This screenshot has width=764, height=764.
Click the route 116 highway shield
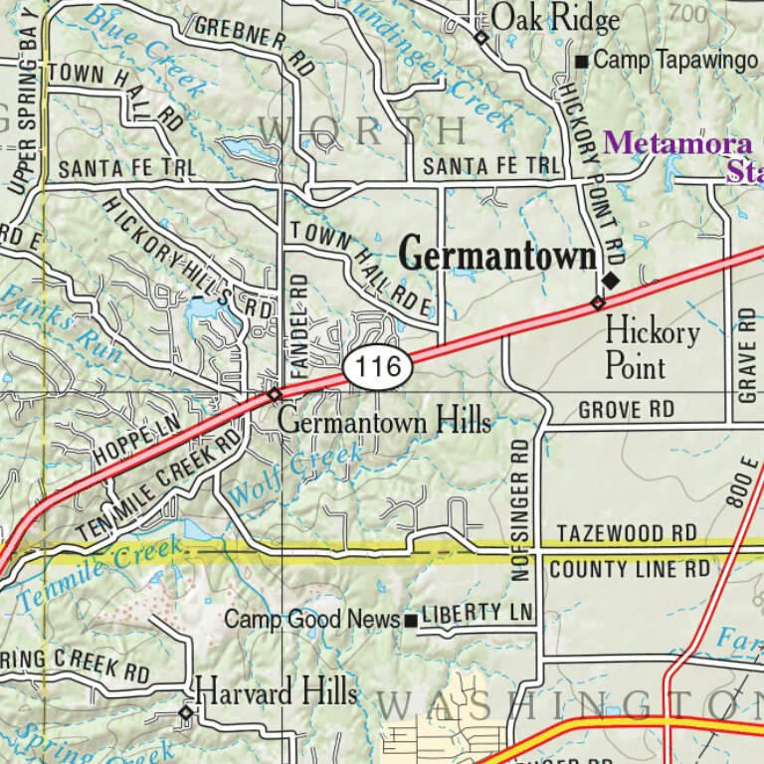tap(378, 368)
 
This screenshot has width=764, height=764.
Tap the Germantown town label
tap(497, 255)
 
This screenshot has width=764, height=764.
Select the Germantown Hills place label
tap(384, 422)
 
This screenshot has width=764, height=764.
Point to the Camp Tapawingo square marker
tap(582, 63)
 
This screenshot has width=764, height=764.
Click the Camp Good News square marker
tap(410, 621)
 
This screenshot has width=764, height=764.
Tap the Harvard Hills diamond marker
tap(185, 712)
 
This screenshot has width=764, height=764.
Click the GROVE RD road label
tap(626, 410)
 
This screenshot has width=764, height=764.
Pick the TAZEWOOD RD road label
tap(627, 534)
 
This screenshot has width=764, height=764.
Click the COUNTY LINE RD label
tap(630, 569)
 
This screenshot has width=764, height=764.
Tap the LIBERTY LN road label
tap(477, 612)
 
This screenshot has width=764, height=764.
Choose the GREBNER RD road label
tap(253, 45)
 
